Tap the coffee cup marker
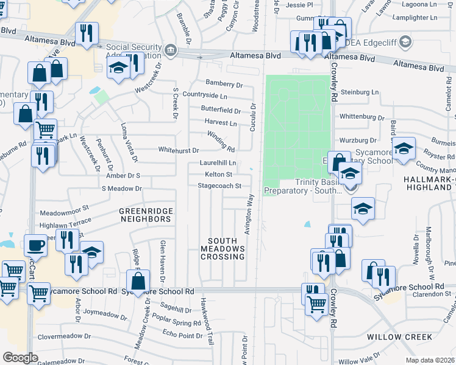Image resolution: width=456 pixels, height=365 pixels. pyautogui.click(x=35, y=245)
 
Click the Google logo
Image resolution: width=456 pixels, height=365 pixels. pyautogui.click(x=21, y=358)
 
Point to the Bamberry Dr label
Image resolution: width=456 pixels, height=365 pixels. pyautogui.click(x=224, y=85)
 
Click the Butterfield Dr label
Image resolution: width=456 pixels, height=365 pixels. pyautogui.click(x=221, y=110)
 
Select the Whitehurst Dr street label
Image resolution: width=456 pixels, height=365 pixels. pyautogui.click(x=179, y=150)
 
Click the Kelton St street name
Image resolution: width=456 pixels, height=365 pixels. pyautogui.click(x=219, y=175)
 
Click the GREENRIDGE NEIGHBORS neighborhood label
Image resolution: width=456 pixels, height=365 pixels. pyautogui.click(x=146, y=215)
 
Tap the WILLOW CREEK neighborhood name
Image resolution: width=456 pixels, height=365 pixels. pyautogui.click(x=400, y=336)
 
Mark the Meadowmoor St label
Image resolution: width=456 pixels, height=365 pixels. pyautogui.click(x=65, y=214)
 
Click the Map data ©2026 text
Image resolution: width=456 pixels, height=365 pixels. pyautogui.click(x=430, y=360)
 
